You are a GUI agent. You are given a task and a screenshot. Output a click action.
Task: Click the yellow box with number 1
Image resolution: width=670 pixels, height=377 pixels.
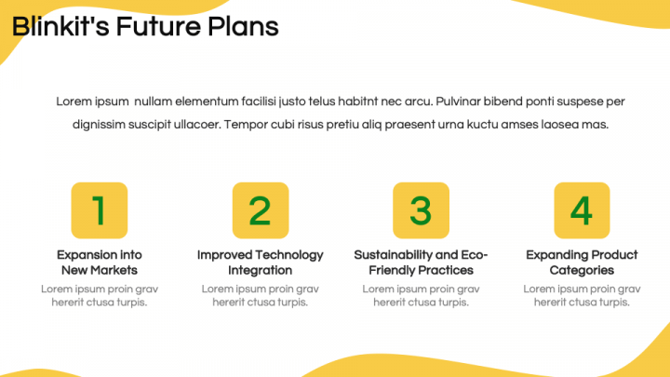(x=100, y=210)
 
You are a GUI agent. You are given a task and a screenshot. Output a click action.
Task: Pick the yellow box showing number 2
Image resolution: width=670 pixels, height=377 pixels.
(x=261, y=210)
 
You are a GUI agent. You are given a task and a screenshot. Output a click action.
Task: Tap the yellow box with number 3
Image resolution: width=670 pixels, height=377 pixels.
(x=421, y=210)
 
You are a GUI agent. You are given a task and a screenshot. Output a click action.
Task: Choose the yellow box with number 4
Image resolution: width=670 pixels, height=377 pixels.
(x=582, y=210)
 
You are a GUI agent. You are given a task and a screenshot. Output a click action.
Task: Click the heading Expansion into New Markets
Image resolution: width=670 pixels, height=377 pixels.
(x=100, y=263)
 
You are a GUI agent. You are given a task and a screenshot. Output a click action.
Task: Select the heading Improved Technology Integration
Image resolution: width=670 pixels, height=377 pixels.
(x=261, y=263)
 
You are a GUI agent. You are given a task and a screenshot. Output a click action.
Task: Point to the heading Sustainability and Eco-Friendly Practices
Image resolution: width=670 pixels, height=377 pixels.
(x=421, y=263)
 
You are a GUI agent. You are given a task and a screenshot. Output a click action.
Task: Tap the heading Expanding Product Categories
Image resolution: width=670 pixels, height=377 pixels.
(x=582, y=263)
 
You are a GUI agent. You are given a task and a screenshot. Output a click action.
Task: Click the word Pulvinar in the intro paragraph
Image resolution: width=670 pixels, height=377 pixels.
(x=461, y=101)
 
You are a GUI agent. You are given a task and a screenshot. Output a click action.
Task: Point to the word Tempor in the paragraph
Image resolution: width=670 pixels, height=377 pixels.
(x=245, y=124)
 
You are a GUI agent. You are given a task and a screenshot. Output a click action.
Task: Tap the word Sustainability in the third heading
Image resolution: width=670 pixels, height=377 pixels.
(x=394, y=255)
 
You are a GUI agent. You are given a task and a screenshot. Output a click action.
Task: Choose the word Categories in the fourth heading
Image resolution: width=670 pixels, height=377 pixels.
(x=582, y=270)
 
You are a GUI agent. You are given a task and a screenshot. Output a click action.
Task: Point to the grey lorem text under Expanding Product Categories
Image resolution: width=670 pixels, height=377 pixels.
(x=582, y=295)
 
